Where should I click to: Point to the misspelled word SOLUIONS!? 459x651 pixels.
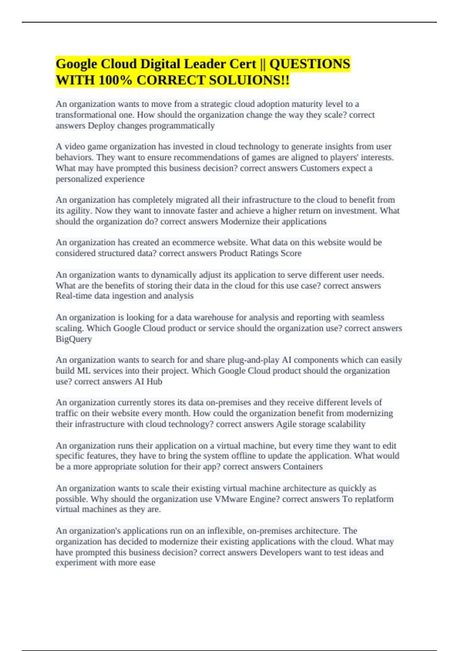(249, 80)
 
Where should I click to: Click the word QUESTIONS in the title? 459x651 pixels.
(309, 64)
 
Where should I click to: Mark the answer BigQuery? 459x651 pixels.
(74, 339)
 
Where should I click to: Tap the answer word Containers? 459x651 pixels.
(303, 466)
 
